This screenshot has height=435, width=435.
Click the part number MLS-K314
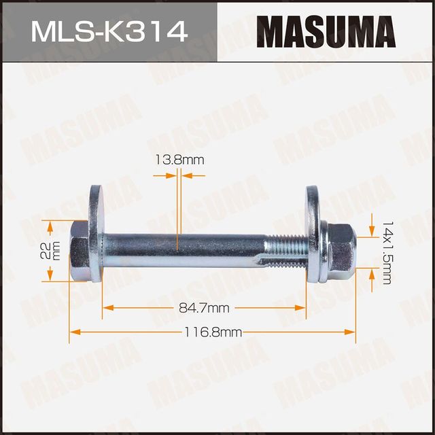[x=108, y=31]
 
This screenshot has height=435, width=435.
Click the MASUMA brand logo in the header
[x=326, y=31]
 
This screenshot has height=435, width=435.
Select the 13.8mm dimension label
[x=179, y=160]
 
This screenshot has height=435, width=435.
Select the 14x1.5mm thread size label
[x=387, y=252]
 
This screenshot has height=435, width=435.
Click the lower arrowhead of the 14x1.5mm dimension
[x=372, y=273]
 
